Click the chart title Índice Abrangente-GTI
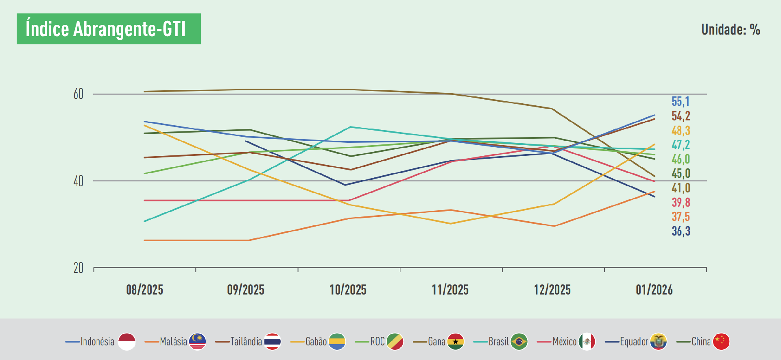click(106, 29)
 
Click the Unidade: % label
click(731, 29)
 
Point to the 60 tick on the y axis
click(79, 94)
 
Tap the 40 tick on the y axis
click(79, 181)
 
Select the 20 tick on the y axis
click(79, 268)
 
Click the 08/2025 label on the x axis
click(144, 290)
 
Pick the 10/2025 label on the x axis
click(348, 290)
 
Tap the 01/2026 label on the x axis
click(654, 290)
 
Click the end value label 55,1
click(681, 101)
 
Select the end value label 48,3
click(681, 131)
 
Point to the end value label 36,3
click(681, 231)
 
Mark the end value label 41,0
click(681, 188)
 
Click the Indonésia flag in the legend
click(127, 342)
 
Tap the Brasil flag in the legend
click(519, 342)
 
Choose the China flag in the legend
click(721, 342)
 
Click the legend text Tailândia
click(246, 342)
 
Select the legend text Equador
click(634, 342)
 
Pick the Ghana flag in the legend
click(456, 342)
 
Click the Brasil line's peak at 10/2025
click(350, 127)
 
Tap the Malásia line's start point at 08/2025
click(145, 240)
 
